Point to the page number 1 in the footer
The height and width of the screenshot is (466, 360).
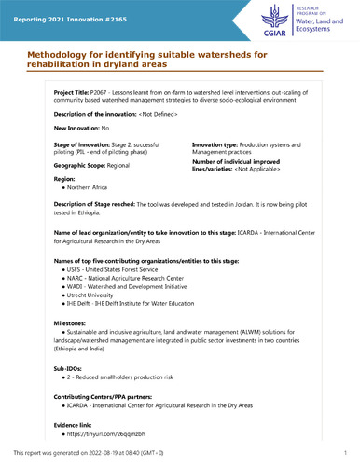[x=346, y=455]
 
